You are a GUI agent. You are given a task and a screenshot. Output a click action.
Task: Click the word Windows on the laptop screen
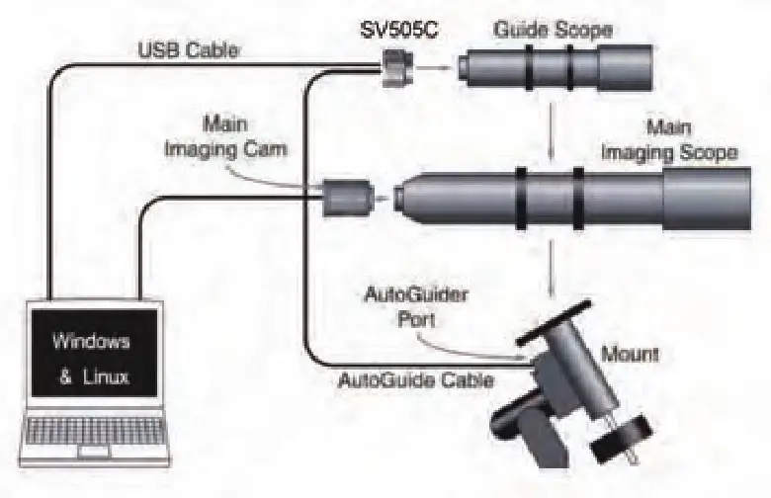tap(91, 343)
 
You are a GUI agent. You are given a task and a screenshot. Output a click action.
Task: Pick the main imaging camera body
tap(346, 197)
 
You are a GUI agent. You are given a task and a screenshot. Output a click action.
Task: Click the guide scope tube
tap(554, 70)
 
